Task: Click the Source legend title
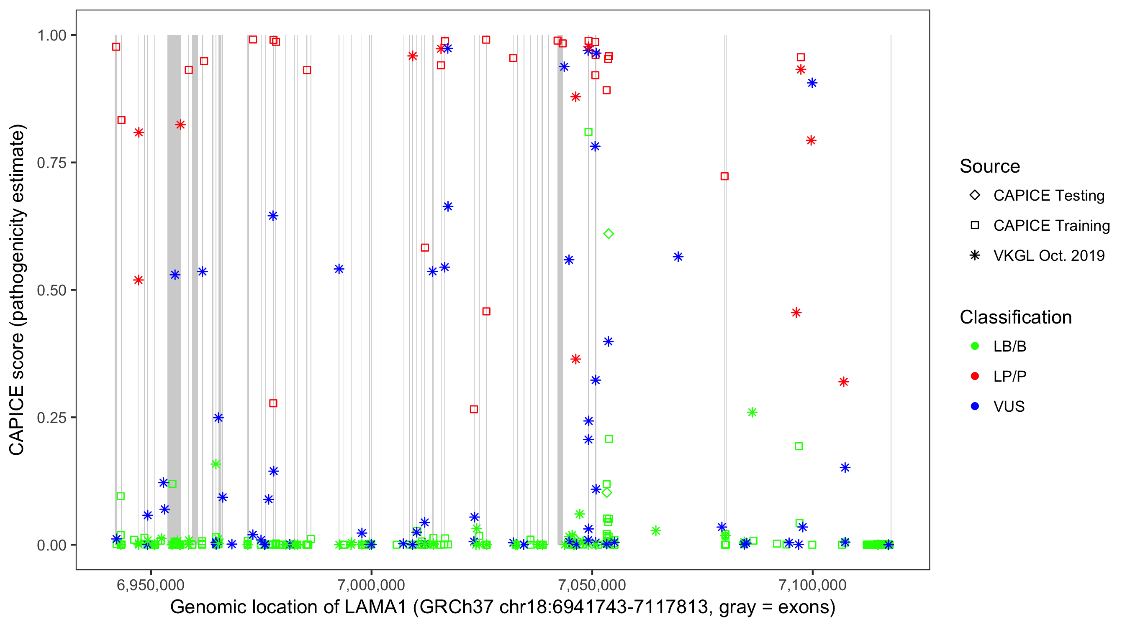[990, 166]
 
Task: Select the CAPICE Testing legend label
[1049, 196]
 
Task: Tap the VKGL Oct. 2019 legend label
[1049, 255]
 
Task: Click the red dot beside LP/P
[975, 376]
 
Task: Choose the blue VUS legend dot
[975, 406]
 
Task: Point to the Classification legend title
[1015, 317]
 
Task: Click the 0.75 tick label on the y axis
[51, 163]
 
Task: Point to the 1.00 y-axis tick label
[51, 36]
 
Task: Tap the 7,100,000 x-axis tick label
[812, 585]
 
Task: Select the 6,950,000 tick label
[151, 585]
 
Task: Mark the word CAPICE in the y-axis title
[17, 420]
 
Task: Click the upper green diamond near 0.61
[609, 234]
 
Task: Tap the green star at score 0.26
[752, 412]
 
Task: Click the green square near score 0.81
[588, 132]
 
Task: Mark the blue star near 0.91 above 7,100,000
[812, 83]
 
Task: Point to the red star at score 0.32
[844, 382]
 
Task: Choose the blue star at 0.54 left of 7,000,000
[339, 269]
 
